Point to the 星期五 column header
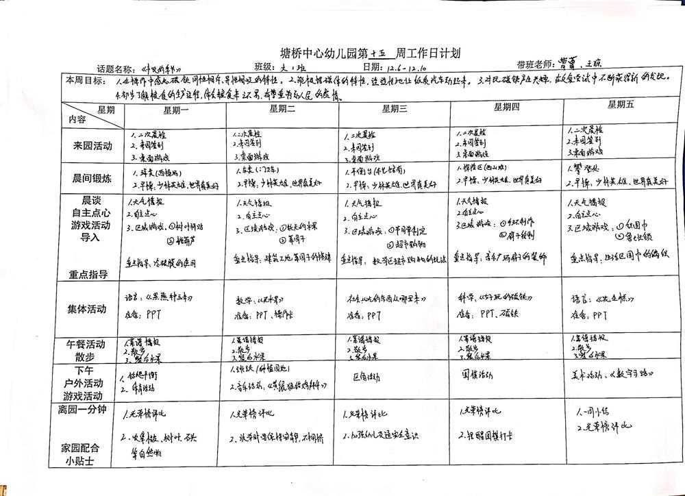[621, 105]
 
